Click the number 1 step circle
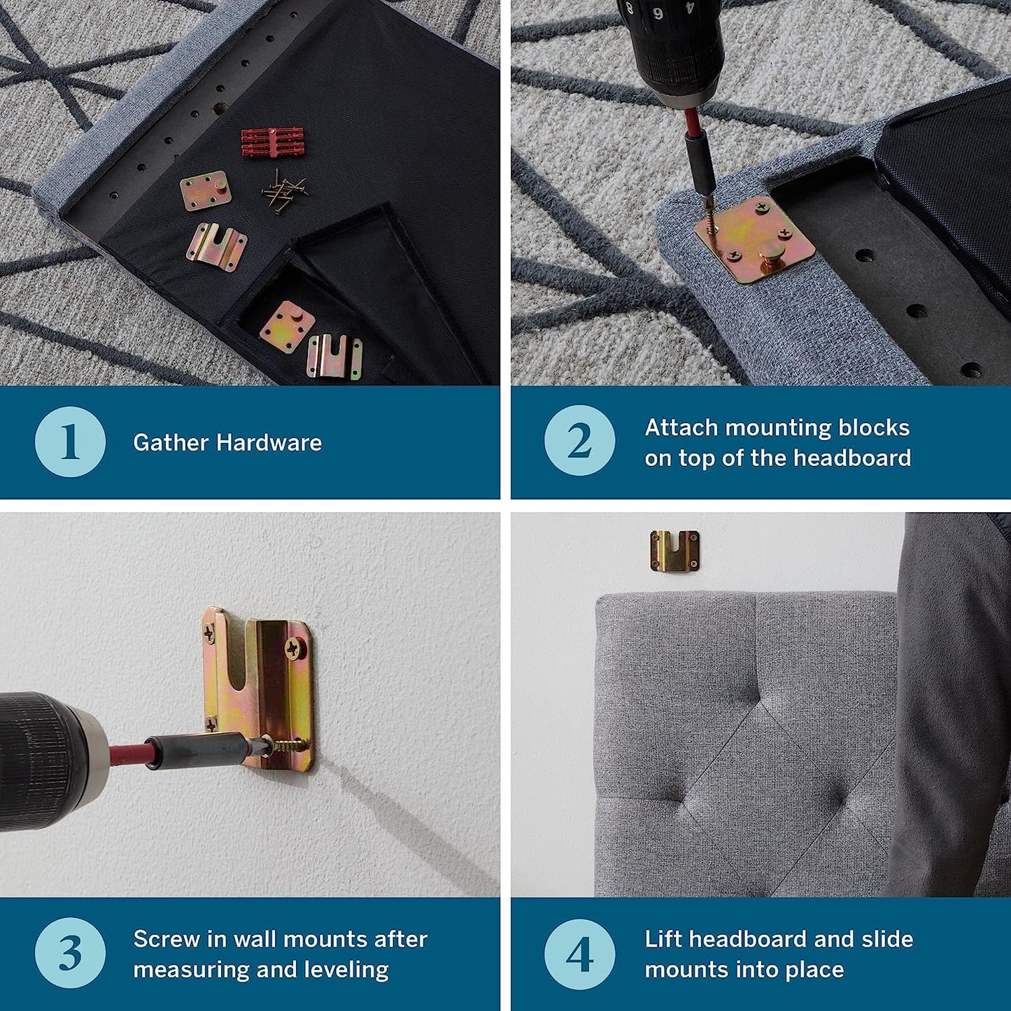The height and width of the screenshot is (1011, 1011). click(x=70, y=441)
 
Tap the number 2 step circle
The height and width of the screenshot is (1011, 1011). click(x=580, y=440)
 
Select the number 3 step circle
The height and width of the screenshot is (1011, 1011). click(x=70, y=953)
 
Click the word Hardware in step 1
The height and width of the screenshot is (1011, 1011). click(x=269, y=443)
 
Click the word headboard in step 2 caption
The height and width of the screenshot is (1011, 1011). click(x=852, y=458)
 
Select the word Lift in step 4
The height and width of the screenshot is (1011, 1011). click(x=664, y=939)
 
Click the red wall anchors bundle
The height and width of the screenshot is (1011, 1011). click(x=267, y=141)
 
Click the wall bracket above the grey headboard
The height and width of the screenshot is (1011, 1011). click(x=674, y=551)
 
